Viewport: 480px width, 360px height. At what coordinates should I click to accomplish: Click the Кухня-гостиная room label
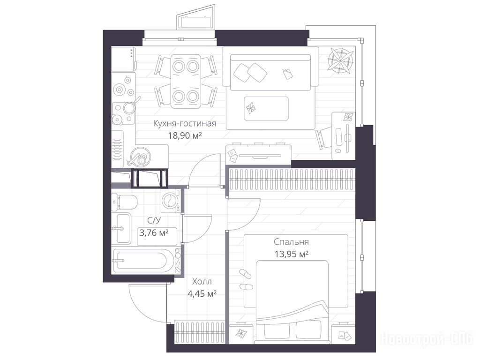click(x=185, y=123)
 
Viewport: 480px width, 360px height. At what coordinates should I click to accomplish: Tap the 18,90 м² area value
click(x=185, y=135)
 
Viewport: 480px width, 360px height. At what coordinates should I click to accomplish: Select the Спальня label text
click(x=291, y=242)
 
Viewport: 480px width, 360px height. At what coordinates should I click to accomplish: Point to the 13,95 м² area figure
click(x=291, y=254)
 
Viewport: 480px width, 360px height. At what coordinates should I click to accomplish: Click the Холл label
click(x=202, y=281)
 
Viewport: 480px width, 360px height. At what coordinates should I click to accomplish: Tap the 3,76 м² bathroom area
click(x=154, y=233)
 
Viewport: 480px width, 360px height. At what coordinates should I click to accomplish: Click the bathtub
click(x=144, y=261)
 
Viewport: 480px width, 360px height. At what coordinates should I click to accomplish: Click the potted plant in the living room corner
click(x=341, y=60)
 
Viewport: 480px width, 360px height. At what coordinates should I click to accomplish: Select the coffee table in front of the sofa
click(x=266, y=109)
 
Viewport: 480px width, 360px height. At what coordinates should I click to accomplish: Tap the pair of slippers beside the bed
click(x=246, y=280)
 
